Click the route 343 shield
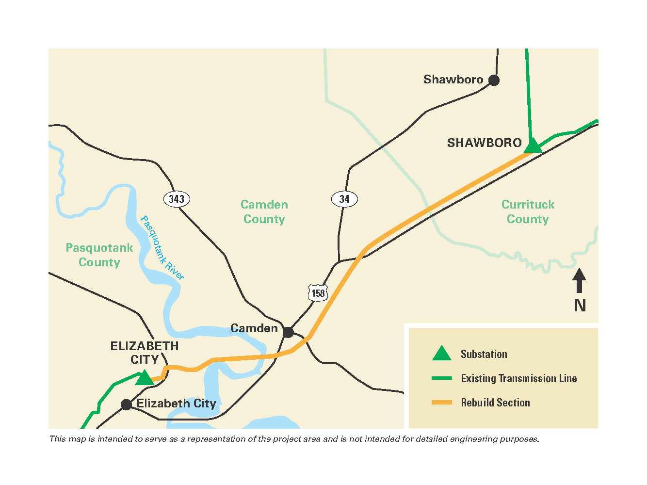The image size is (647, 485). (x=177, y=199)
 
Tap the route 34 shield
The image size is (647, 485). (x=344, y=199)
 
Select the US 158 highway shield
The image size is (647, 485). (x=318, y=293)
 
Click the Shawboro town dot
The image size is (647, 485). (x=494, y=80)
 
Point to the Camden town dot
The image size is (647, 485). (x=288, y=332)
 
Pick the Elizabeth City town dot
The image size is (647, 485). (x=126, y=404)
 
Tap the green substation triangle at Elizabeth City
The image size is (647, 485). (x=144, y=378)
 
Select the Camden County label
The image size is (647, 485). (x=264, y=212)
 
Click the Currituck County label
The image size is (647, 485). (x=528, y=212)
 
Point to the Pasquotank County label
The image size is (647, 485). (x=99, y=255)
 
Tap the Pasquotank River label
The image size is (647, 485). (x=162, y=248)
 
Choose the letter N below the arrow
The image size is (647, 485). (x=580, y=306)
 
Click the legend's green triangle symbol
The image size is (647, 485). (x=441, y=354)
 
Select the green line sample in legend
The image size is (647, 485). (x=441, y=378)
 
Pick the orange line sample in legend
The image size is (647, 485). (x=441, y=403)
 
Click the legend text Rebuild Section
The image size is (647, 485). (x=495, y=403)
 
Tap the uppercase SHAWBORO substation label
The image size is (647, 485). (x=484, y=143)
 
